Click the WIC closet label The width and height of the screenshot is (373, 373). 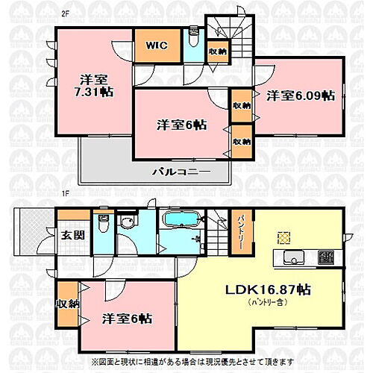[x=156, y=46]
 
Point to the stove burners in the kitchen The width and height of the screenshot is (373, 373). [x=326, y=259]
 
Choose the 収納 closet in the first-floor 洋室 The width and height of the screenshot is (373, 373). [x=66, y=304]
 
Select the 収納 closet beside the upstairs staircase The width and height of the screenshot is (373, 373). [x=217, y=51]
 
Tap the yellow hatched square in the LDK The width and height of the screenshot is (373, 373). [x=283, y=238]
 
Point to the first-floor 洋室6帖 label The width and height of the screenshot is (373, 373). [x=128, y=318]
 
